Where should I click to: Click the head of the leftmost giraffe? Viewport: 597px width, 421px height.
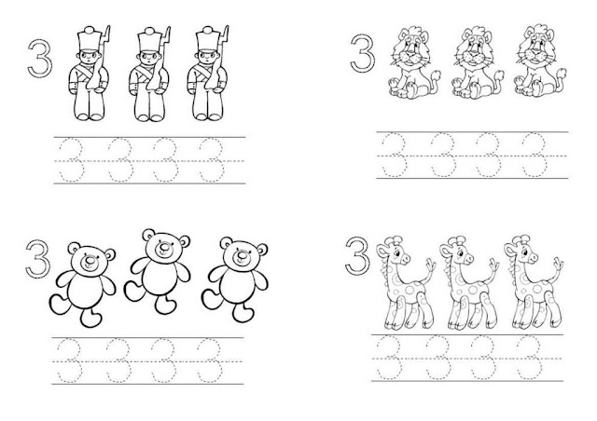click(x=396, y=250)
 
